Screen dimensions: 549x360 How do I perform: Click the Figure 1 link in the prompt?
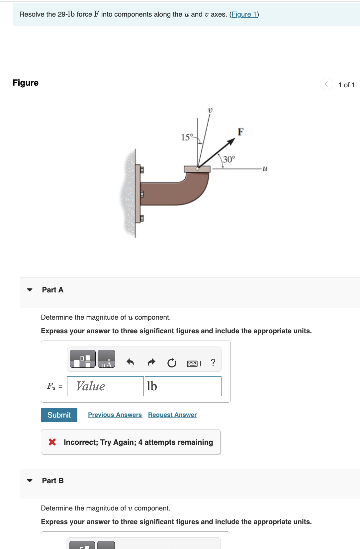point(244,14)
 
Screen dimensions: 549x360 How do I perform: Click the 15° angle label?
point(187,137)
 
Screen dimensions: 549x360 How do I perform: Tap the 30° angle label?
point(229,159)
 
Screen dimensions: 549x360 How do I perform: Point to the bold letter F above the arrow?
point(241,132)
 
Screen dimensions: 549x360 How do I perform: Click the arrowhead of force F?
point(231,142)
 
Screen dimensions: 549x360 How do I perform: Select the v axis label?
point(210,110)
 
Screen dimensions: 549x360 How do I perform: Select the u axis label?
point(265,169)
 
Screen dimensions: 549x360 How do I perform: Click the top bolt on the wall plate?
point(142,170)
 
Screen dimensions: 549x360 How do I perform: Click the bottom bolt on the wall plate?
point(142,218)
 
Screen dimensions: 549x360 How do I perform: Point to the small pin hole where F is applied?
point(197,169)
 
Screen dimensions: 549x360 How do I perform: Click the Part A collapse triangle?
point(30,290)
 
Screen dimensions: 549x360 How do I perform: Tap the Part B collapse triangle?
point(30,481)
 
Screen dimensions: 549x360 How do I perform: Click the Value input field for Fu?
point(105,386)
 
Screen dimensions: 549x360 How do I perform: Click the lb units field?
point(183,386)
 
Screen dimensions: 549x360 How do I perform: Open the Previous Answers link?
point(115,415)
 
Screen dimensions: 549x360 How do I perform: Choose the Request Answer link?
point(172,415)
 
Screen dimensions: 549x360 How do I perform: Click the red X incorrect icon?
point(52,442)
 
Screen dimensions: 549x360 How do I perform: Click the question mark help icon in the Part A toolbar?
point(213,362)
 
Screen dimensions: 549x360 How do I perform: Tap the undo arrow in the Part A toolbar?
point(130,362)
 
